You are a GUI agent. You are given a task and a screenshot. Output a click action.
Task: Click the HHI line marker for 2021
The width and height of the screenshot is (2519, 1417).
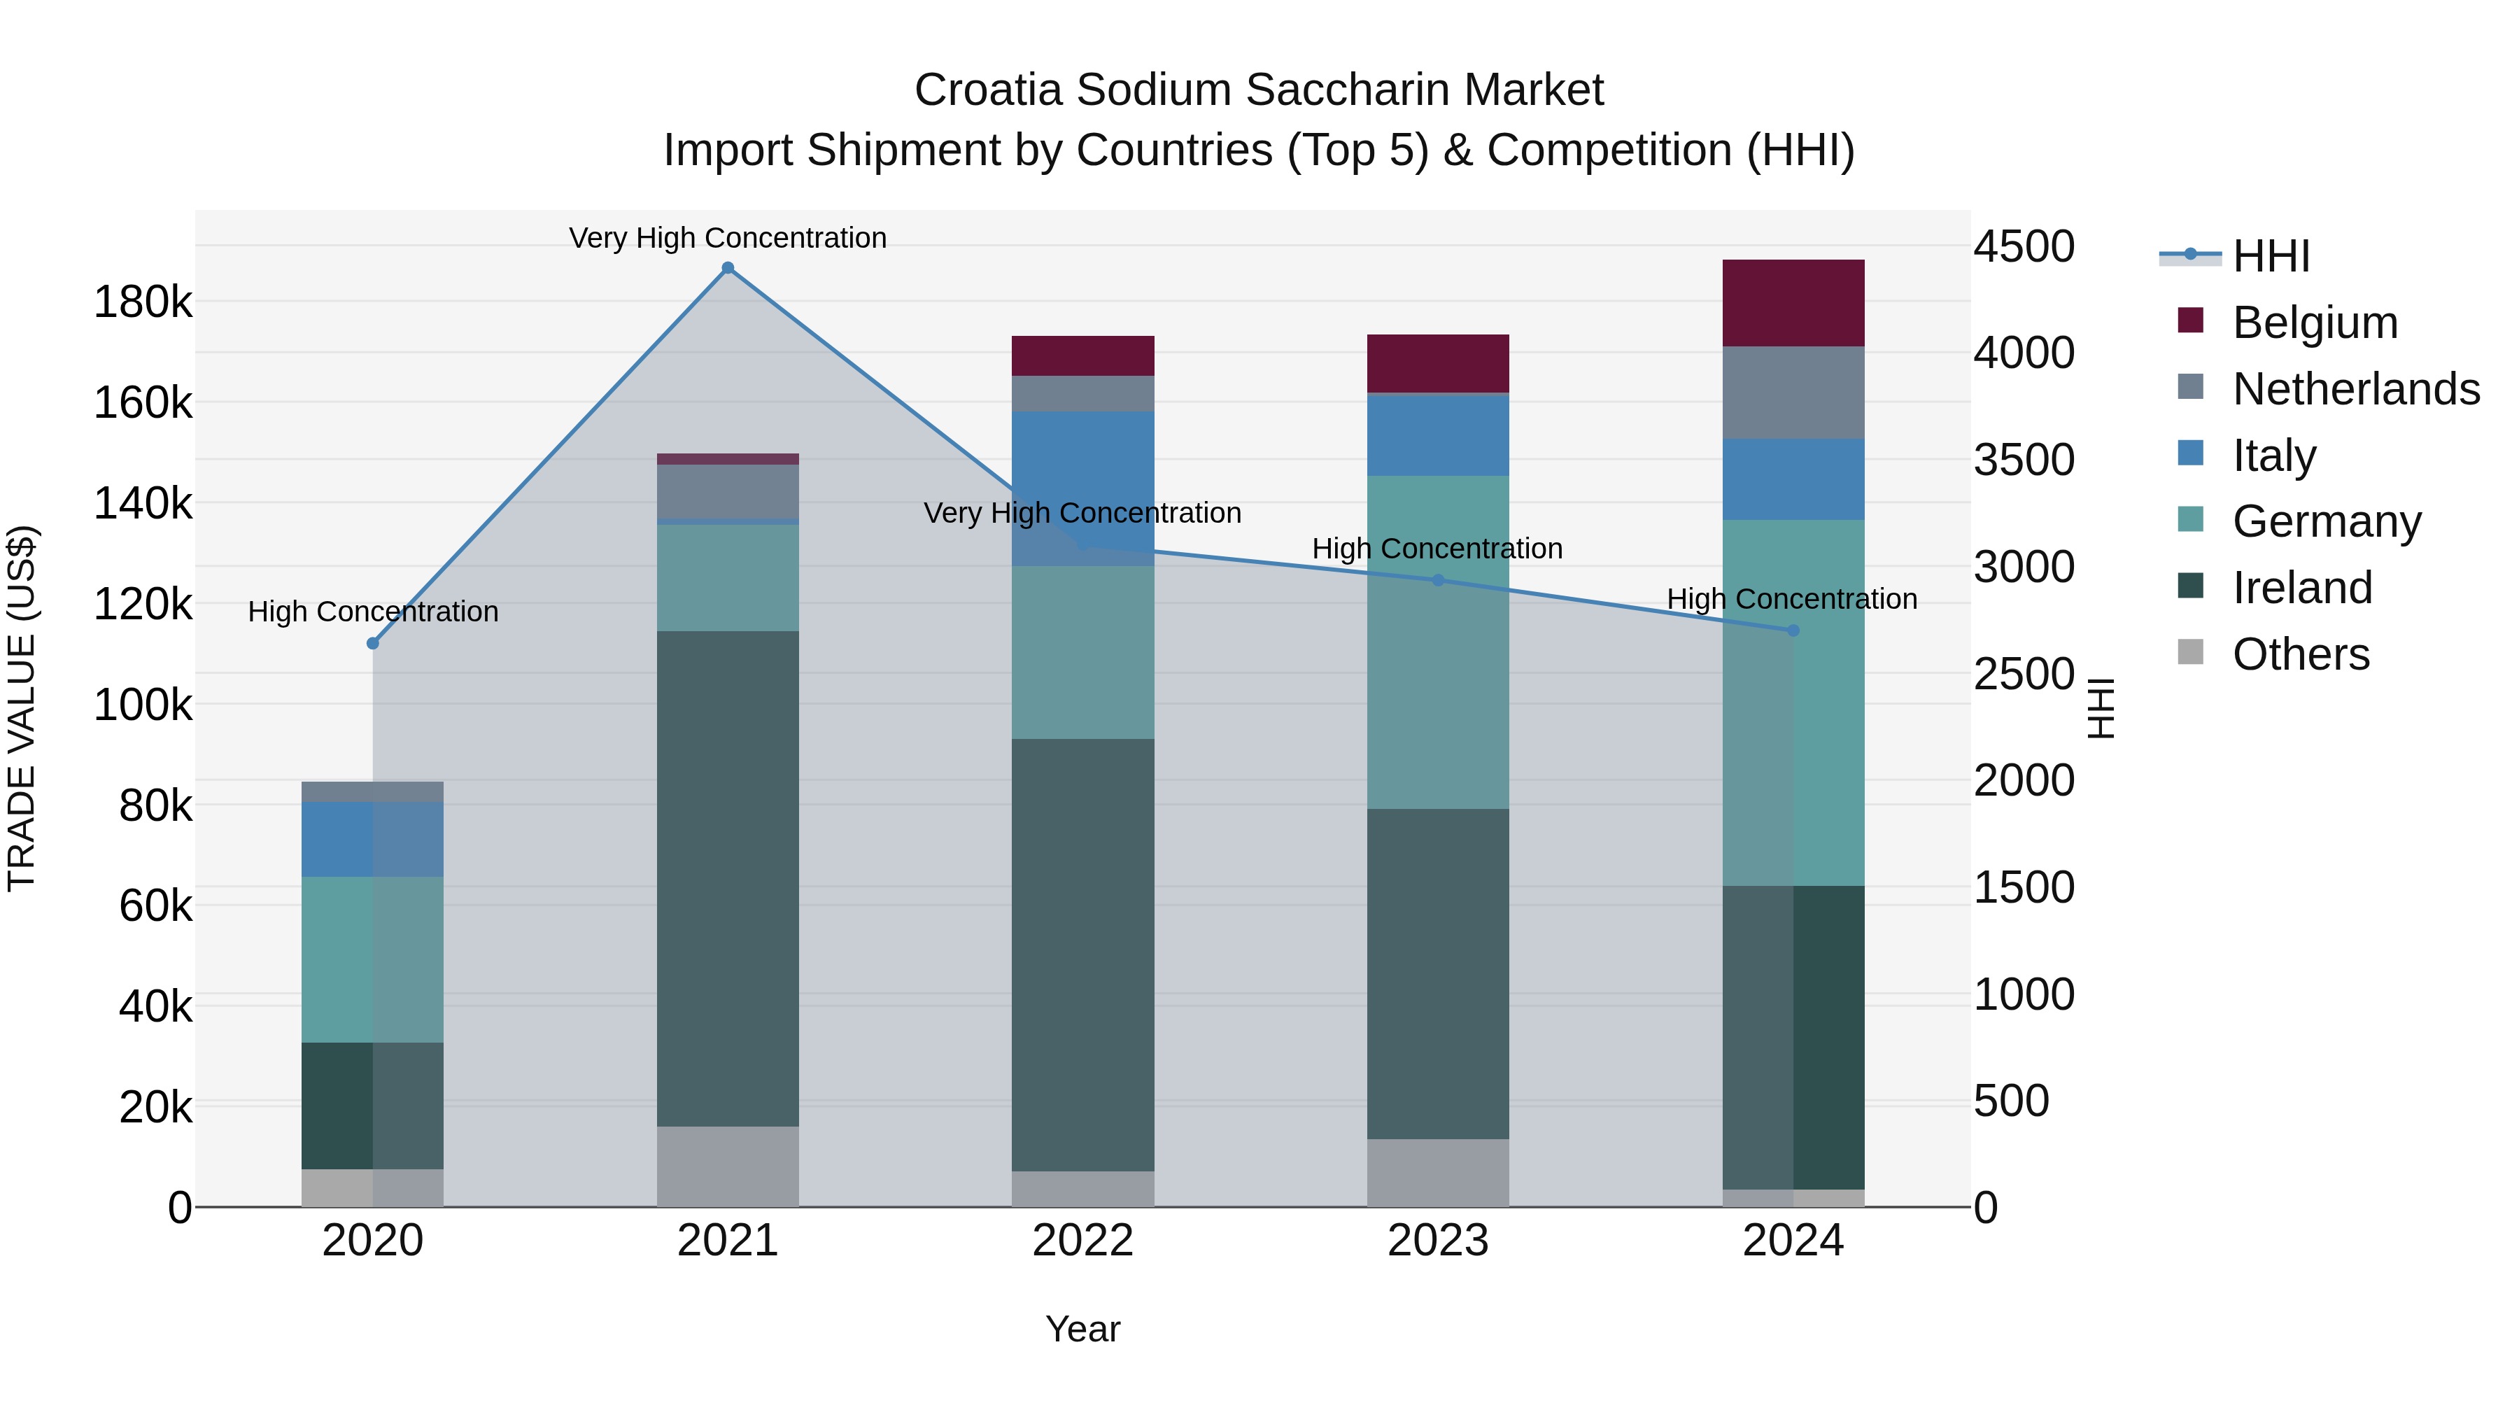pos(728,268)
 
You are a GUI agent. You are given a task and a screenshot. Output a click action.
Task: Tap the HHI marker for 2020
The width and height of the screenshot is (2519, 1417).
pos(372,644)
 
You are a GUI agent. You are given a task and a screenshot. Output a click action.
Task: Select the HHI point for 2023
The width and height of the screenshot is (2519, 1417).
pos(1437,580)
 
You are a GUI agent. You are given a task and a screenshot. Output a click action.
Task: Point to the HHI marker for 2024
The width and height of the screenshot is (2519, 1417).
pos(1793,630)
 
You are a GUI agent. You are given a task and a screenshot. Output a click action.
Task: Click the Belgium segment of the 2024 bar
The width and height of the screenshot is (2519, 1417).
pos(1793,303)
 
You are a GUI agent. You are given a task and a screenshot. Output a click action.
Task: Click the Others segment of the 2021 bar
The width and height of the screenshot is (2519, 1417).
pos(728,1166)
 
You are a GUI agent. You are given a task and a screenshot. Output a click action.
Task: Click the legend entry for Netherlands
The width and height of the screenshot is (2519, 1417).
pos(2355,388)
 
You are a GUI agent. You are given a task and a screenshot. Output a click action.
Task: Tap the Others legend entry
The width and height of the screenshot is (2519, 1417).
pos(2300,654)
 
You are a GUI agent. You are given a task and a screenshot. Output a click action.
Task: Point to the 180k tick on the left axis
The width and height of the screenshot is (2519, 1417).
pos(143,302)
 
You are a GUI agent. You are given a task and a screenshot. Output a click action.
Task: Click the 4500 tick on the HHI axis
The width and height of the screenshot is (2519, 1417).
pos(2023,246)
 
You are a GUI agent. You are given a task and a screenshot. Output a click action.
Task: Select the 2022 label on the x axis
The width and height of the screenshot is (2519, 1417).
pos(1082,1241)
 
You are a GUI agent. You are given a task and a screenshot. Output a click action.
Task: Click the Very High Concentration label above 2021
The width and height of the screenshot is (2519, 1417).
pos(728,238)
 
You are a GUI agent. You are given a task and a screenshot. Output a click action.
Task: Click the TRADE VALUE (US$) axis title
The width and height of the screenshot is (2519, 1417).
pos(22,708)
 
